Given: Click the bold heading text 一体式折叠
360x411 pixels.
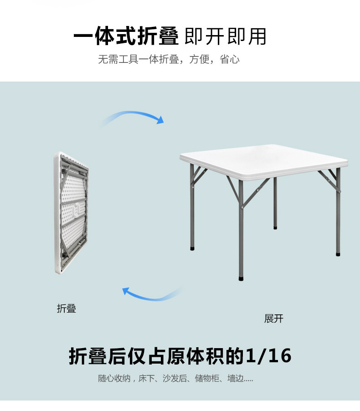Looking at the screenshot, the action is [x=126, y=37].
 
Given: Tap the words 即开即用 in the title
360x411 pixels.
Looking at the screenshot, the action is [x=225, y=37].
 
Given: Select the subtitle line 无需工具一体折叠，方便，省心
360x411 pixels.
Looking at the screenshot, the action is [x=169, y=60].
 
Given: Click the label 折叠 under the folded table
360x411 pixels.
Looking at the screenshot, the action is [x=67, y=308].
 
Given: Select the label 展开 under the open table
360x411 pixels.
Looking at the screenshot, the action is [x=273, y=319].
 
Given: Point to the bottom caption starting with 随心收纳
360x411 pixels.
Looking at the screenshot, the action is [x=175, y=379].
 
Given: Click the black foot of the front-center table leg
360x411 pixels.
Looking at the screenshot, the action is [x=241, y=276].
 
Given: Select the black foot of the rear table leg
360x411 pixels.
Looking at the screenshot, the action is [x=275, y=226].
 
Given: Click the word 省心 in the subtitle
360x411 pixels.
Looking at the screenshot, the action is [x=230, y=60].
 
